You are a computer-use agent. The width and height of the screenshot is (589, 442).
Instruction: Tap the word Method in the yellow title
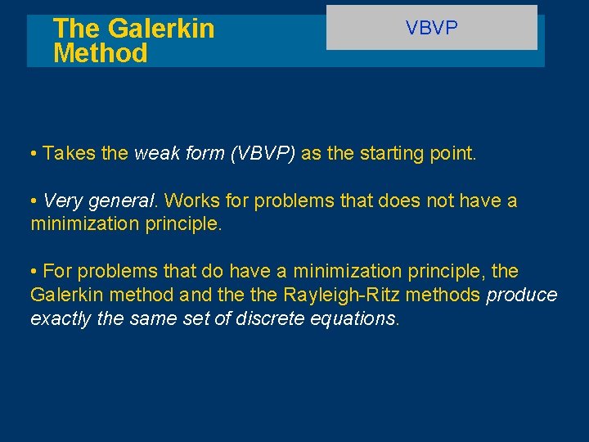click(100, 54)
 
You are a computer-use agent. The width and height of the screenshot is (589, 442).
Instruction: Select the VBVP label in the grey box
click(432, 28)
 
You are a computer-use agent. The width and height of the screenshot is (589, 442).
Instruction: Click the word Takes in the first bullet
click(70, 153)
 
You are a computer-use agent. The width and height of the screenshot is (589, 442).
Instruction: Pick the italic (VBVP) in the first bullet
click(263, 153)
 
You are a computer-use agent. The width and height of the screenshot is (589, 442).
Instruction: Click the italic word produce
click(522, 295)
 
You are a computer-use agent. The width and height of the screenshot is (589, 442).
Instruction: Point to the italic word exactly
click(61, 318)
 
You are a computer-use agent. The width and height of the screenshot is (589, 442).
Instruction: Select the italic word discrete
click(272, 318)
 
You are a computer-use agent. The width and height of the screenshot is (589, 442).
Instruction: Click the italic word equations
click(355, 318)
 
